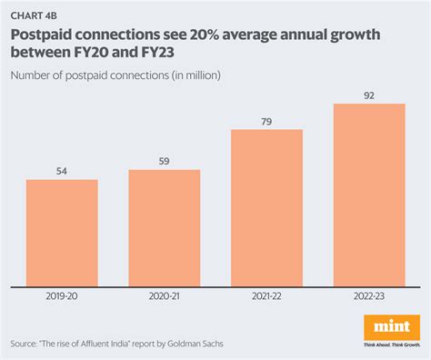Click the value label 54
[x=62, y=171]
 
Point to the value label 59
[x=164, y=162]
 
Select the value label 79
[x=266, y=122]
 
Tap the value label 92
[x=369, y=95]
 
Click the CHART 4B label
[x=32, y=15]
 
